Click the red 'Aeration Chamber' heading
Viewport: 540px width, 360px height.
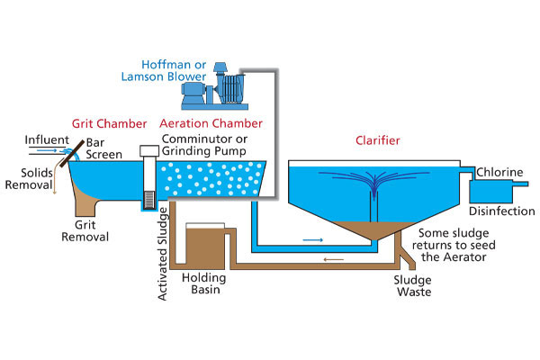pyautogui.click(x=211, y=122)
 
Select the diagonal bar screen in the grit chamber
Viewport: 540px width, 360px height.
pyautogui.click(x=72, y=155)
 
